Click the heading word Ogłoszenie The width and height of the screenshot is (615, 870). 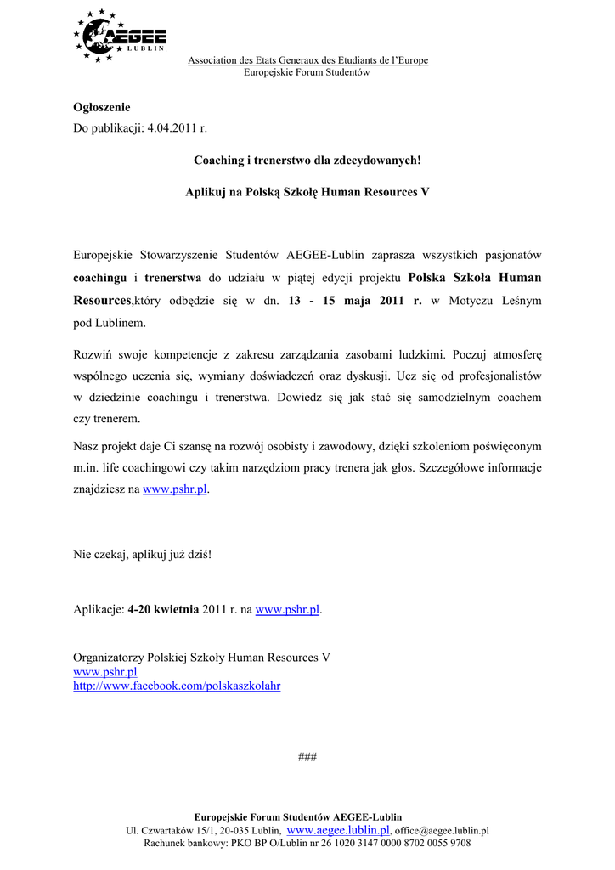[102, 107]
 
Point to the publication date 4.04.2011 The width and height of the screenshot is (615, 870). [177, 128]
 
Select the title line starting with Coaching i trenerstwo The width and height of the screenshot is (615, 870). [307, 160]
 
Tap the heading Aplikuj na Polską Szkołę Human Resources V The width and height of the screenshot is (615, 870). [307, 192]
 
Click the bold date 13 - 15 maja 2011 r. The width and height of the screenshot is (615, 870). [355, 301]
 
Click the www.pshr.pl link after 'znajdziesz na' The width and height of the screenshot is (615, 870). [175, 490]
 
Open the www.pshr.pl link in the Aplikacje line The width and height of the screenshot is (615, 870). [287, 609]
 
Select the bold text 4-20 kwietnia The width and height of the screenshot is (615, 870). [163, 609]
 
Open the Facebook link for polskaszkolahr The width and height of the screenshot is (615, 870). [177, 686]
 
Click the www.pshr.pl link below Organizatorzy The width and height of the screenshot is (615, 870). [105, 672]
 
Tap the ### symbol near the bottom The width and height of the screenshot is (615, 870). [307, 757]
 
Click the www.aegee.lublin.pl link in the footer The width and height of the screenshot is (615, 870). [338, 830]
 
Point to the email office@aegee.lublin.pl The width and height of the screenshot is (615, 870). [442, 831]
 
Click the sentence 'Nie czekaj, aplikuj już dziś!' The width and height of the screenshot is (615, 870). [143, 555]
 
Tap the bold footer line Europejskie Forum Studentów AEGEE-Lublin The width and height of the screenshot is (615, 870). [298, 816]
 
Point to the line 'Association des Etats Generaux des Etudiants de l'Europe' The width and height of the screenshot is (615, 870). [307, 60]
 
